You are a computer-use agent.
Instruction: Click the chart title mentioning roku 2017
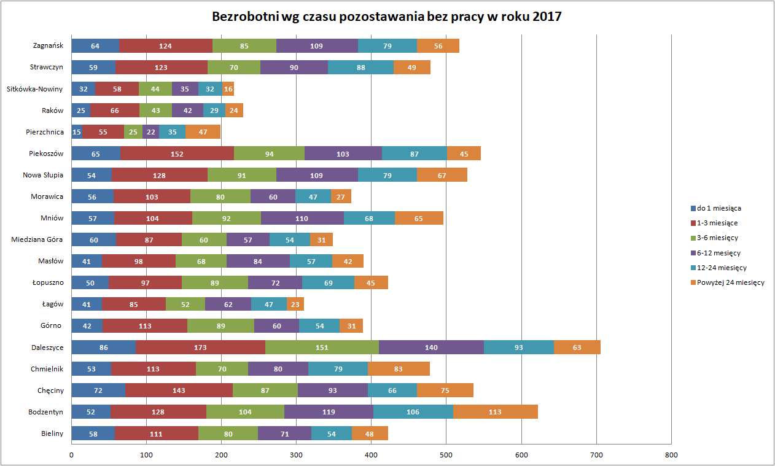tap(387, 17)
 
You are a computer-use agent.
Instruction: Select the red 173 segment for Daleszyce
tap(201, 348)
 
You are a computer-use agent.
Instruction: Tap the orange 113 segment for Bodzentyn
tap(495, 412)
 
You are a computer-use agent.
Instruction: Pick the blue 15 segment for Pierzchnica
tap(77, 132)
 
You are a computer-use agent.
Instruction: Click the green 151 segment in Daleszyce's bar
tap(322, 348)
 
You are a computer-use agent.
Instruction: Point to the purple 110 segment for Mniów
tap(302, 218)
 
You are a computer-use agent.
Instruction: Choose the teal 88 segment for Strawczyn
tap(360, 68)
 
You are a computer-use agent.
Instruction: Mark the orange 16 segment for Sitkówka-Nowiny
tap(228, 89)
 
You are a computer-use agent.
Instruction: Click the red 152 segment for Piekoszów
tap(177, 153)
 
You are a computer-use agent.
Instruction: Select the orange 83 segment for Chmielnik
tap(399, 369)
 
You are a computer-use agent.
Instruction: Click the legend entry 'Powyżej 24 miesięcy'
tap(731, 282)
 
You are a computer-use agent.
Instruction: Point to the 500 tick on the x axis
tap(446, 455)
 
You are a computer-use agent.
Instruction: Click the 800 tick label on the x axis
tap(671, 455)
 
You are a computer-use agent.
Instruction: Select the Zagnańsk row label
tap(49, 45)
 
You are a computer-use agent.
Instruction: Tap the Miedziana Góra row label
tap(37, 239)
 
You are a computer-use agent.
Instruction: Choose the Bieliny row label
tap(52, 433)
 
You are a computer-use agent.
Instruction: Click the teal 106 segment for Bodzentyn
tap(413, 412)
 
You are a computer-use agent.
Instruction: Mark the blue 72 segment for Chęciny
tap(98, 390)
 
